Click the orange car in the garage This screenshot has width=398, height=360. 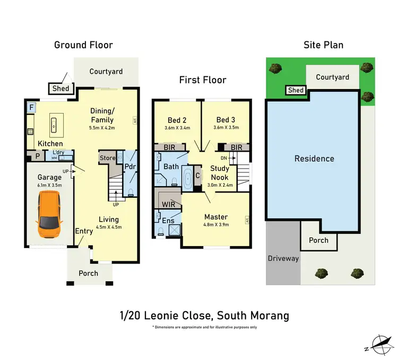click(x=49, y=214)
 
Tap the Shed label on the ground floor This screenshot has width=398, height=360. click(x=60, y=89)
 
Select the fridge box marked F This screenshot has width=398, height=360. click(x=31, y=108)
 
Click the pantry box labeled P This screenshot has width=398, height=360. click(x=38, y=156)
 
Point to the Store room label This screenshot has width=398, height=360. click(x=107, y=158)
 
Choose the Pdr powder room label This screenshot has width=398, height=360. click(x=130, y=166)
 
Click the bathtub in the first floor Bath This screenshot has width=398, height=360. click(x=187, y=179)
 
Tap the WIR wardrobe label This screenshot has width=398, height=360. click(x=168, y=204)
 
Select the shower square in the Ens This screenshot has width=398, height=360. click(x=175, y=230)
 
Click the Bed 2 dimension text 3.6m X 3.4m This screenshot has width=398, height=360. click(x=177, y=128)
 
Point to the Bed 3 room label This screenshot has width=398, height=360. click(x=226, y=120)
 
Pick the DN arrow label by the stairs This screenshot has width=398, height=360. click(x=224, y=158)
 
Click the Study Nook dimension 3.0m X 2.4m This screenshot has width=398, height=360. click(x=220, y=185)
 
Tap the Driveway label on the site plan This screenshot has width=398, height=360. click(x=283, y=259)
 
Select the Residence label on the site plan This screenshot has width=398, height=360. click(x=314, y=159)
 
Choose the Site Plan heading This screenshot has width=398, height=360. click(x=323, y=45)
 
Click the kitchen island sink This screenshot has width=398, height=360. click(x=54, y=125)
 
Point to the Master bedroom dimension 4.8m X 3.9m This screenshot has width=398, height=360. click(x=216, y=225)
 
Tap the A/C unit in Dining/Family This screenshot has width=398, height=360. click(x=135, y=120)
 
